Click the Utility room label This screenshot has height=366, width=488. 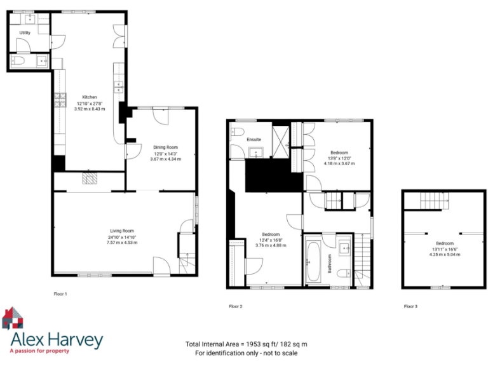point(24,32)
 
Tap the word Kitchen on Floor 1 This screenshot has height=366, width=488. point(89,97)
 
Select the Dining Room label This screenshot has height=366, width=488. point(165,147)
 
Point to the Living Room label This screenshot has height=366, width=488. point(122,231)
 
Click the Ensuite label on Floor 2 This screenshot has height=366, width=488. point(254,139)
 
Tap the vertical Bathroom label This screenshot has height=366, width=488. point(330,262)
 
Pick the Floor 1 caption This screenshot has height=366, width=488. point(60,294)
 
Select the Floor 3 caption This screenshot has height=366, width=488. point(410,306)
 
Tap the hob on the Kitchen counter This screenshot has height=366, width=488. point(61,100)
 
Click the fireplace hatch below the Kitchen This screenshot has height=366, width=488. point(90,180)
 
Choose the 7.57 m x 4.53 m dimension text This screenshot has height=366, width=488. point(123,243)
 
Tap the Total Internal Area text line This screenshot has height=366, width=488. point(246,344)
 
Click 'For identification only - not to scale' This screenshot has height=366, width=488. point(246,353)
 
